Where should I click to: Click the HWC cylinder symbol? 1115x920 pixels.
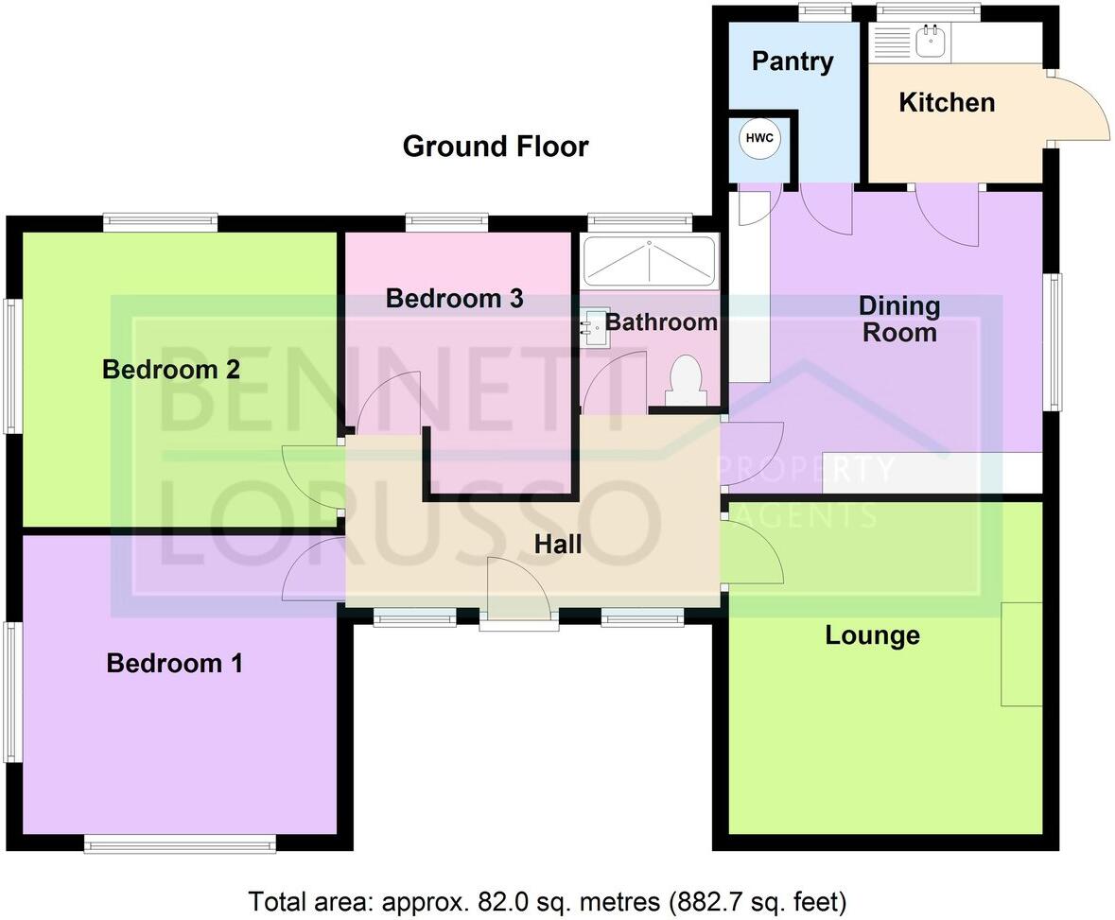[759, 138]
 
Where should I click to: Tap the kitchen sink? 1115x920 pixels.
[931, 38]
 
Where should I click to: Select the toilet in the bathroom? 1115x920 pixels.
[685, 381]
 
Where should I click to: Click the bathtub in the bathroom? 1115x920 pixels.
[650, 260]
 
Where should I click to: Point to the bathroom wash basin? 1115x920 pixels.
[593, 326]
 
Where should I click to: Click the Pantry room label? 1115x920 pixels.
[793, 61]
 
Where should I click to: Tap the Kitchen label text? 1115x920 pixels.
[946, 102]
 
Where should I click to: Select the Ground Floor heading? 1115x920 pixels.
[496, 147]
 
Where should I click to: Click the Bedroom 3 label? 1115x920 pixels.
[454, 299]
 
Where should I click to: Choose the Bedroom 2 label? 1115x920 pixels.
[171, 369]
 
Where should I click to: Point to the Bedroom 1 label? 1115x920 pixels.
[174, 663]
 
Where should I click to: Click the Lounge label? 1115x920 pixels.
[872, 634]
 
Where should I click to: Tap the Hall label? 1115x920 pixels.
[558, 544]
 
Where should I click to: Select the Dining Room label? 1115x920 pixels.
[898, 319]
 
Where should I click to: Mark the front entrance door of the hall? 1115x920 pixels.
[518, 619]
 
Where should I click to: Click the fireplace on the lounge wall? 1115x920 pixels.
[1021, 653]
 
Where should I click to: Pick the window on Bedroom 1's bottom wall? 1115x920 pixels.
[180, 843]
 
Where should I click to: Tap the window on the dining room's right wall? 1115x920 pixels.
[1052, 341]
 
